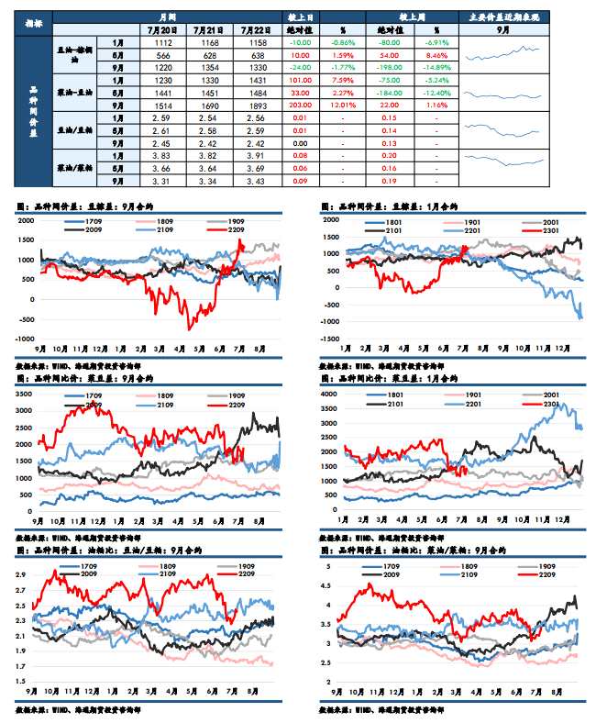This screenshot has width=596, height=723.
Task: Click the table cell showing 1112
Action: (x=163, y=43)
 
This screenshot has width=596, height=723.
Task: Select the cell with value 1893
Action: (x=254, y=105)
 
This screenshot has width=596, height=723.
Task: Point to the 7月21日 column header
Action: (x=209, y=28)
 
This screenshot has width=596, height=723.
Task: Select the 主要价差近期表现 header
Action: (x=504, y=17)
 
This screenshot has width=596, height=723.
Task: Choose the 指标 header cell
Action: (x=33, y=17)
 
